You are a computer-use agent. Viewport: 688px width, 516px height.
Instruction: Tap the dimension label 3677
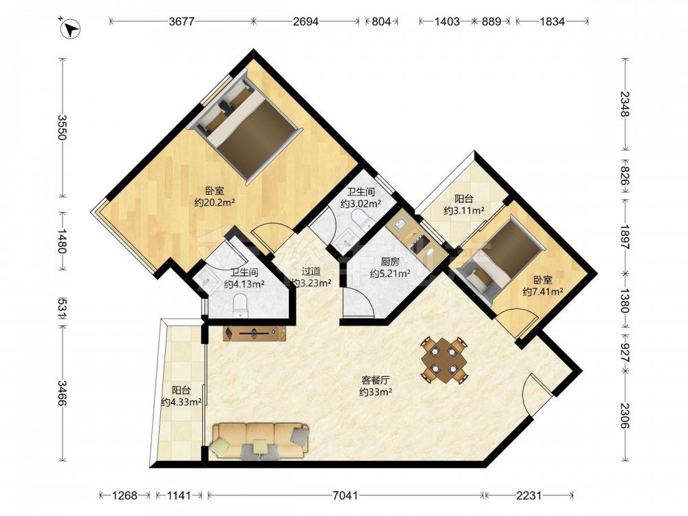coord(181,21)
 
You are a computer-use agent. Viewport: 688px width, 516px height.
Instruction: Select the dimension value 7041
coord(345,495)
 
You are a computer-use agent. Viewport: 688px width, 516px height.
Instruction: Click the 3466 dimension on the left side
coord(62,393)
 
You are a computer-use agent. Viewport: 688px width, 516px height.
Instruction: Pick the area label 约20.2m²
coord(215,203)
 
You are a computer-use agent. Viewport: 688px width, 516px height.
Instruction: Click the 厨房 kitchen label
coord(389,262)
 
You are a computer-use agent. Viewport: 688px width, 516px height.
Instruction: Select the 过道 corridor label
coord(311,272)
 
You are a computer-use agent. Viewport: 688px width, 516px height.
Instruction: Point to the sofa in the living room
coord(261,441)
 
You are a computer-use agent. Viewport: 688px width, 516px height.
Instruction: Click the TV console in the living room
coord(255,334)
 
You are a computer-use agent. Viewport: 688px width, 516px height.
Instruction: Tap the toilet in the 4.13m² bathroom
coord(240,305)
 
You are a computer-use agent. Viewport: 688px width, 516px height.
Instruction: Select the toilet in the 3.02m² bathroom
coord(362,219)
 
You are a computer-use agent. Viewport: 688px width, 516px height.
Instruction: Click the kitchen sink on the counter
coord(400,224)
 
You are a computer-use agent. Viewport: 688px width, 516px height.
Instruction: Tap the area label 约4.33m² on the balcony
coord(181,402)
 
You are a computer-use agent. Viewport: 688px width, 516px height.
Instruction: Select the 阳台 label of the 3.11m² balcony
coord(464,199)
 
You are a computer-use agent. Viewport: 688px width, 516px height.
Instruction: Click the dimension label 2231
coord(528,495)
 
